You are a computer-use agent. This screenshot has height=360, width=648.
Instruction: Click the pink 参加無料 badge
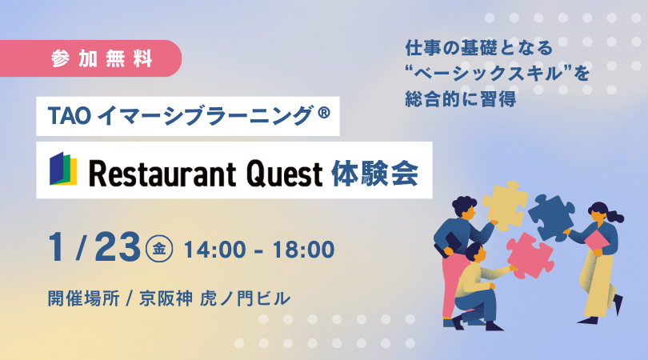[90, 58]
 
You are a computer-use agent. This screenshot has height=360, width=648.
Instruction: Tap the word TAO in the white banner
[70, 116]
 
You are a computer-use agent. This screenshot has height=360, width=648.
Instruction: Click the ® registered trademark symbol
[325, 113]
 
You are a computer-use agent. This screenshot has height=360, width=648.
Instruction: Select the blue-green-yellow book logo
[63, 169]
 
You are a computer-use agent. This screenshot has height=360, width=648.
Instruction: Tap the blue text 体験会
[375, 173]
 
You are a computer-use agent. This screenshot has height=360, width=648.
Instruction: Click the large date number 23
[118, 247]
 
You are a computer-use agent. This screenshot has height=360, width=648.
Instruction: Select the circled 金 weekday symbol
[159, 249]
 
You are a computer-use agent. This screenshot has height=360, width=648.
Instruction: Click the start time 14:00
[214, 250]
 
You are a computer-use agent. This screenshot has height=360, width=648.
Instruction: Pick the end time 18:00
[303, 250]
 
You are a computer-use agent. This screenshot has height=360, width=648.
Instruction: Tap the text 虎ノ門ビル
[245, 298]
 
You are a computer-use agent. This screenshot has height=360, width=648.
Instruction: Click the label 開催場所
[84, 298]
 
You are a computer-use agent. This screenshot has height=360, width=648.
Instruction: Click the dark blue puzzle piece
[552, 217]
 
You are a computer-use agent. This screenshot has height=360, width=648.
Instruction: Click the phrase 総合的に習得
[460, 99]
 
